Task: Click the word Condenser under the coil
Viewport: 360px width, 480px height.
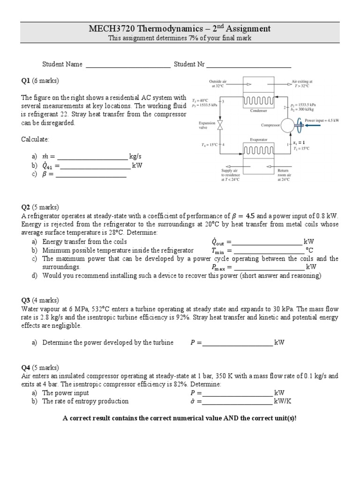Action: pos(259,111)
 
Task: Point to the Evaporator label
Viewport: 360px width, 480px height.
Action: pos(258,139)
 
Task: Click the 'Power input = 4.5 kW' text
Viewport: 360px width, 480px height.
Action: pos(322,120)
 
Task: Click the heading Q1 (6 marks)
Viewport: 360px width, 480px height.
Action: pos(40,81)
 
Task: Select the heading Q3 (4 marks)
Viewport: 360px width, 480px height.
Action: pos(40,300)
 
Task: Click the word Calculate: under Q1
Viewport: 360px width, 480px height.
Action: pos(35,139)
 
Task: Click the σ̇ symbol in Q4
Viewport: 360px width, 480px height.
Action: pos(193,401)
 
